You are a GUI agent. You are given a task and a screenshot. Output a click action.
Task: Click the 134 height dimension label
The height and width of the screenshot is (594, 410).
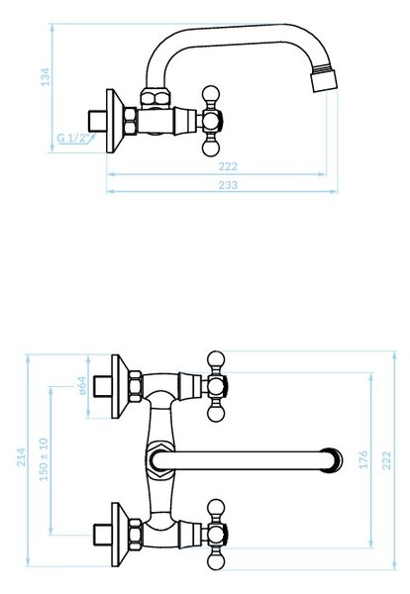pos(46,77)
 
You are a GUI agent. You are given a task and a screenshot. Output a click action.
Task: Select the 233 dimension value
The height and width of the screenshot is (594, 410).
pos(228,185)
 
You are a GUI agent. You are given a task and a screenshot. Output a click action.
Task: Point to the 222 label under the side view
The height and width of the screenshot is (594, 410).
pos(228,166)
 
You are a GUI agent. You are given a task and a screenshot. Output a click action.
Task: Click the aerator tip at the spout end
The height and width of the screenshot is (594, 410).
pos(324,79)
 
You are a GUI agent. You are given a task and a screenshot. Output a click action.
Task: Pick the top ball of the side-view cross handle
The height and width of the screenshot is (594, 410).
pos(211,94)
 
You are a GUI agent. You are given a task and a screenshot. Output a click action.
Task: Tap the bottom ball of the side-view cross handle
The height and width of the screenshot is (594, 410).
pos(211,148)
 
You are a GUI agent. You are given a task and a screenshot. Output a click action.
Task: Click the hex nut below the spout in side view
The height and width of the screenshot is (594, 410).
pos(155,98)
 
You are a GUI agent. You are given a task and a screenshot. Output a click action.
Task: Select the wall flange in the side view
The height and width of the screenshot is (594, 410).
pos(115,121)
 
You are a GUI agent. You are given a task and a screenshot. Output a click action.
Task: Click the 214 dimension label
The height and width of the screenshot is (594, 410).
pos(22,456)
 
